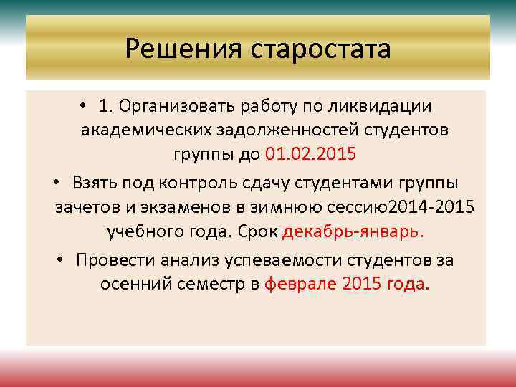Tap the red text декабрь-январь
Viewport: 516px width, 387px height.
353,232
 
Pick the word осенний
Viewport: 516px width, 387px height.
130,283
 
